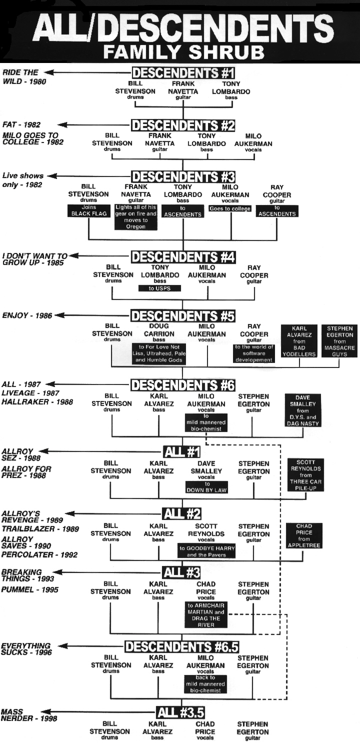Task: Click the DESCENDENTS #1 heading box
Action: (183, 72)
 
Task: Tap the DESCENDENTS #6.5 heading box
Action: (182, 646)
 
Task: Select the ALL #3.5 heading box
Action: (180, 712)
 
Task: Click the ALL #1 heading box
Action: (182, 452)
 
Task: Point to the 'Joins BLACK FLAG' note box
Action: (88, 210)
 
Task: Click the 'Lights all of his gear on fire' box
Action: (135, 217)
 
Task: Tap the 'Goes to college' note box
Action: (230, 208)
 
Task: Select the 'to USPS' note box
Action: (159, 288)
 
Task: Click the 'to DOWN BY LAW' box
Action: (206, 487)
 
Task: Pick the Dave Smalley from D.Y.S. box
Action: (302, 410)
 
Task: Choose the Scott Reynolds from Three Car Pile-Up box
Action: (305, 475)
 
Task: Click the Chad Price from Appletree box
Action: (304, 535)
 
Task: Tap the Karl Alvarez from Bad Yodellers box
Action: (299, 341)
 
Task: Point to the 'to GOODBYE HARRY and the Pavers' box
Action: (207, 551)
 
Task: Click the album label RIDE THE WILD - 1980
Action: (24, 77)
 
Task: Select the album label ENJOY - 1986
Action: (27, 315)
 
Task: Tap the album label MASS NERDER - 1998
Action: (29, 715)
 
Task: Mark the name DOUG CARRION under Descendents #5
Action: (159, 330)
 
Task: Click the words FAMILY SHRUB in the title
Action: (183, 51)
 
